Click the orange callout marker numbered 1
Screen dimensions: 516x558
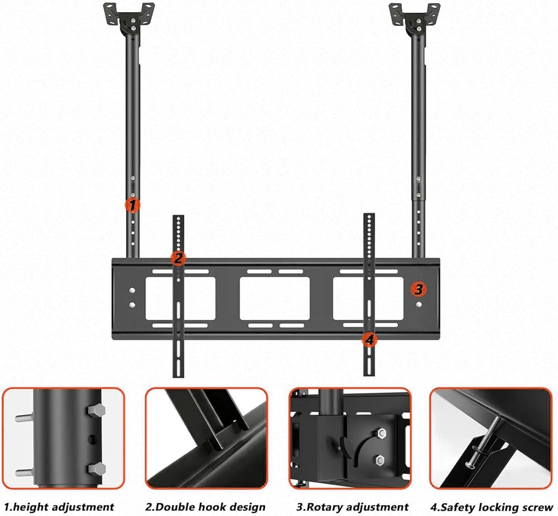coord(132,206)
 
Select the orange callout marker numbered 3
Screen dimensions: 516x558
coord(419,288)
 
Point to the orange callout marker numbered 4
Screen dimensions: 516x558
coord(369,340)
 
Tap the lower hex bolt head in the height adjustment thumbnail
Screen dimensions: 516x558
coord(97,468)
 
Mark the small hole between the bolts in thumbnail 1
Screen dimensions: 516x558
coord(93,439)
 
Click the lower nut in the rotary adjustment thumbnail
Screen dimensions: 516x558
coord(379,460)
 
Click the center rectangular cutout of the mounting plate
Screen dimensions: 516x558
coord(275,298)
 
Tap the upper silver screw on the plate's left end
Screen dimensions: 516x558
coord(132,290)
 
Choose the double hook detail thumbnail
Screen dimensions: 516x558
coord(207,438)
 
